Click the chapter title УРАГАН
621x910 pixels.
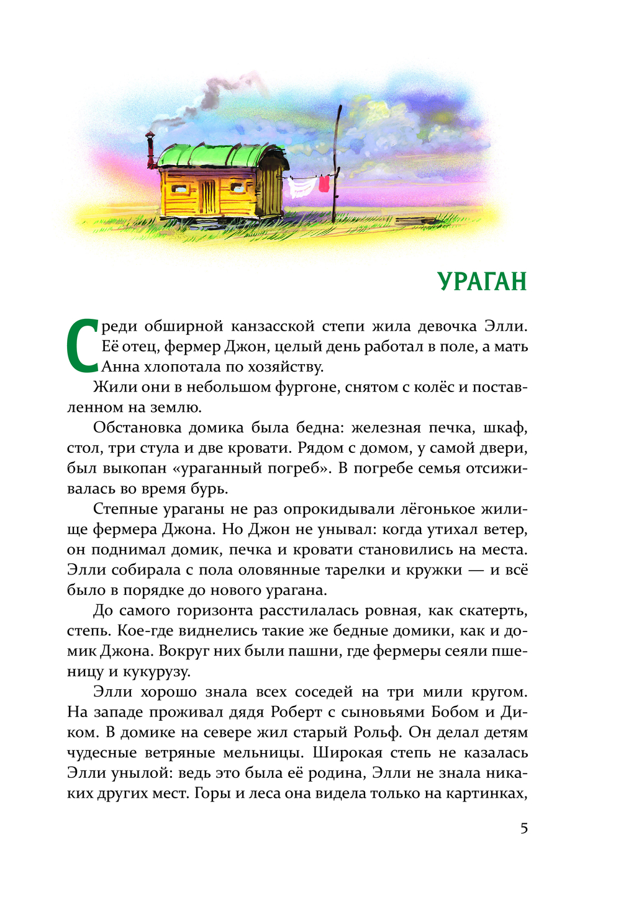pos(482,281)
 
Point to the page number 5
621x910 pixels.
pos(524,828)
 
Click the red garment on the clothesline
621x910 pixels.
pos(324,184)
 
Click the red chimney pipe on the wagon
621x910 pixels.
pos(150,150)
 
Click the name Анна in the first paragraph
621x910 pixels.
pos(120,367)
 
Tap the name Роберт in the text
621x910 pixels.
pos(297,711)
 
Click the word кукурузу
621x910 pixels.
pos(157,671)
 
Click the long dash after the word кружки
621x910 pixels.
pos(476,570)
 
